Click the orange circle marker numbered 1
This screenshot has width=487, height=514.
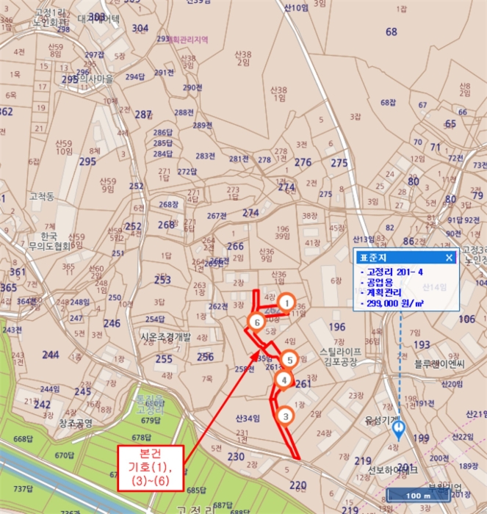(287, 302)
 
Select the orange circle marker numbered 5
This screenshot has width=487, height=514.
(290, 360)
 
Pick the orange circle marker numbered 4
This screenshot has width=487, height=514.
(284, 380)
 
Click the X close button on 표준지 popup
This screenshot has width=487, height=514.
(450, 258)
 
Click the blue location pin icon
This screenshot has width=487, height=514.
(399, 427)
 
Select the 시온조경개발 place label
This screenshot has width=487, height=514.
(165, 337)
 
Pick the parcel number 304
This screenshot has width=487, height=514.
(140, 28)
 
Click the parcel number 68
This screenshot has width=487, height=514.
(392, 32)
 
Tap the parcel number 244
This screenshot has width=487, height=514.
(51, 355)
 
